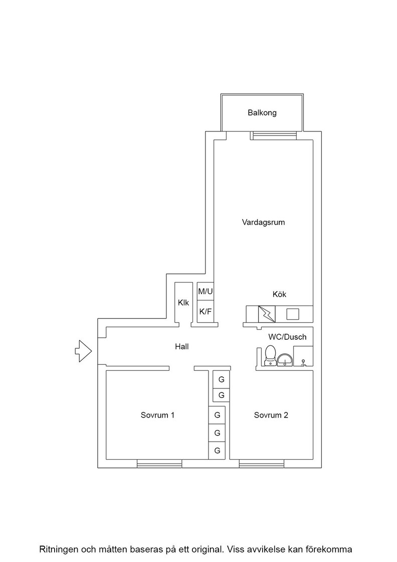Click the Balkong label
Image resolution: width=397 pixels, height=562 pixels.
point(262,113)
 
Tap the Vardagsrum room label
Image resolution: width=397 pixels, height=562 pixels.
point(264,222)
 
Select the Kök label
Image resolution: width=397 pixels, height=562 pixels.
point(279,294)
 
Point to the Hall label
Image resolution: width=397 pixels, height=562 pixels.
point(182,347)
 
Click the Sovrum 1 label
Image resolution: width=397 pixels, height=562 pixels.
point(157,415)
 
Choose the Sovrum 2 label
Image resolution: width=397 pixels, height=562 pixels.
point(271,415)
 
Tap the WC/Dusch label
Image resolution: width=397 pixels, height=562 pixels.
point(287,337)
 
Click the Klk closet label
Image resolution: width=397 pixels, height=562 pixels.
point(183,303)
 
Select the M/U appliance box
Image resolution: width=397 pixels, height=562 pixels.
point(206,292)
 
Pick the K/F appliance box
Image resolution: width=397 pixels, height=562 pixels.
point(206,312)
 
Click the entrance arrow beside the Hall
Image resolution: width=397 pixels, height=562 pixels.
point(83,351)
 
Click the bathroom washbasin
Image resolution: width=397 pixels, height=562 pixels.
point(285,359)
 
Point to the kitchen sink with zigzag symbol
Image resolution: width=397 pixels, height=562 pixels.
point(267,314)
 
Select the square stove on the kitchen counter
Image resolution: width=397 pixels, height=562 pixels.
point(292,314)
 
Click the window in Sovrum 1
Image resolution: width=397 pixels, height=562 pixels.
point(160,464)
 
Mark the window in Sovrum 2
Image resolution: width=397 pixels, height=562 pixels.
point(262,464)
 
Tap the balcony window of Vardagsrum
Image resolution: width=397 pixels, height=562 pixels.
point(274,135)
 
